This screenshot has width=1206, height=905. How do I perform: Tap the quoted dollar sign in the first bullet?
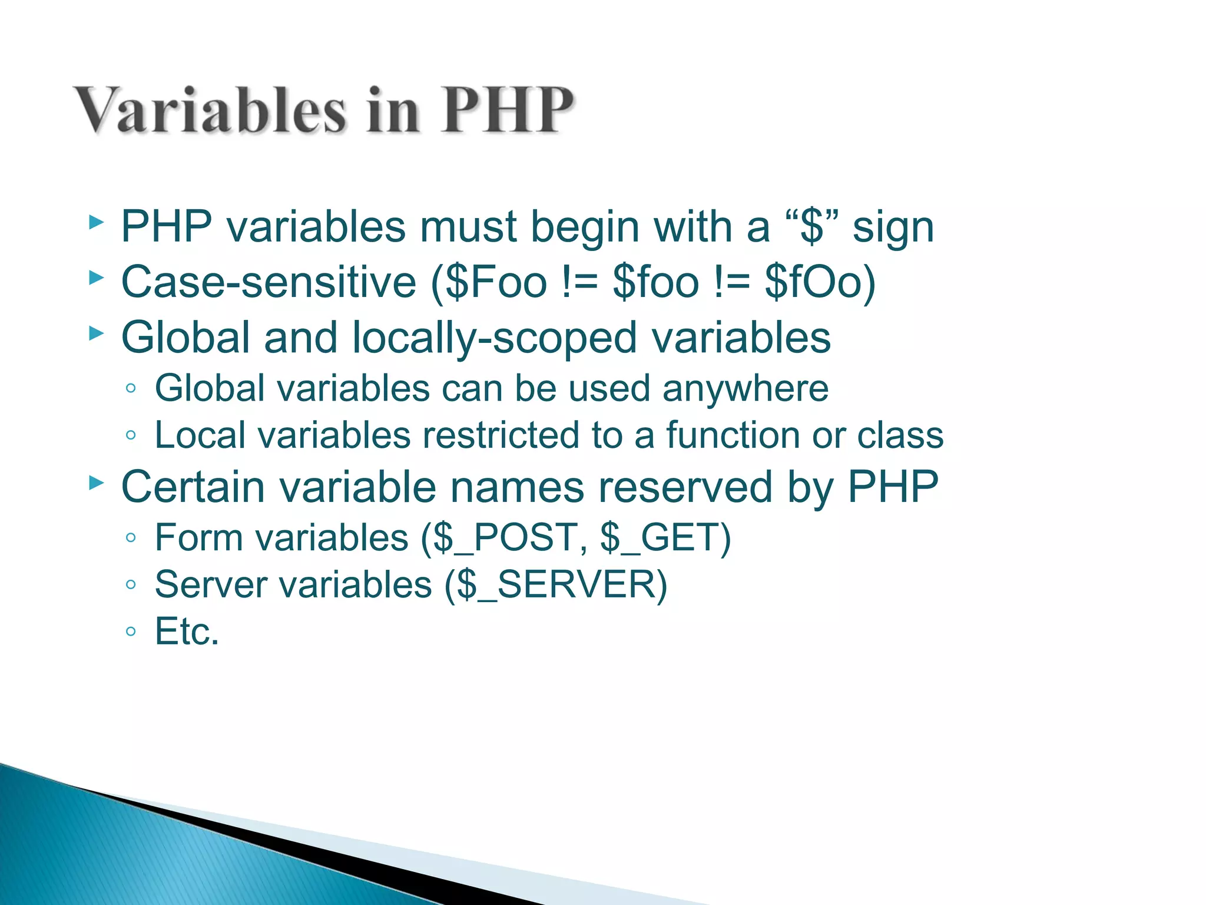[x=813, y=226]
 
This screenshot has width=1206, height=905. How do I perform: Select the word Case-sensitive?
[x=269, y=282]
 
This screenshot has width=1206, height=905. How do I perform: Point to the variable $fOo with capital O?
[x=813, y=282]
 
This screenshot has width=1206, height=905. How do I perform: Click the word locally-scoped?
[x=495, y=338]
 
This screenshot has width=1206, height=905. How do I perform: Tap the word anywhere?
[x=746, y=389]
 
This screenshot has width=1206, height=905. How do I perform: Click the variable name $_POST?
[x=506, y=538]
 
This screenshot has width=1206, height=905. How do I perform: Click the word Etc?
[x=187, y=632]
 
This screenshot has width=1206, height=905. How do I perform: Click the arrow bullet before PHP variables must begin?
[x=96, y=223]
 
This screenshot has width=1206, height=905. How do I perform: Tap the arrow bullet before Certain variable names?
[x=96, y=484]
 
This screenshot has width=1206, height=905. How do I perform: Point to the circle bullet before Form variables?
[x=131, y=538]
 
